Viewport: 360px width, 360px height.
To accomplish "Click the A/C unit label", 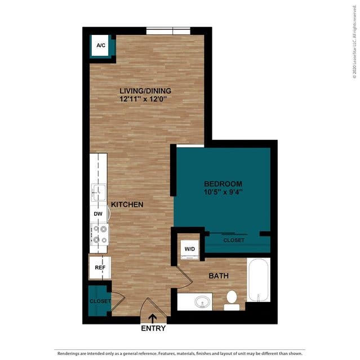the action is click(101, 45).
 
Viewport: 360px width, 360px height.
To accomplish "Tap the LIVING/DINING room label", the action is click(145, 91).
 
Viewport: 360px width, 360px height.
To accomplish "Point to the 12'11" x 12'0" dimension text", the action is click(143, 99).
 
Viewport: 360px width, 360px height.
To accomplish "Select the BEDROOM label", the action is click(223, 184).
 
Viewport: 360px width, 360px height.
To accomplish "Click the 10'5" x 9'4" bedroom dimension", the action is click(223, 192).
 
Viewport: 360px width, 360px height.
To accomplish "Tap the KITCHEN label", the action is click(127, 205).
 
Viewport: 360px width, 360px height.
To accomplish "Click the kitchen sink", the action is click(99, 192).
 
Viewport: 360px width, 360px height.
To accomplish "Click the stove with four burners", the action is click(99, 234).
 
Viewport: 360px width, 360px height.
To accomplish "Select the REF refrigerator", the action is click(100, 268).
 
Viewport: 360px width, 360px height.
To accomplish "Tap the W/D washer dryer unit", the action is click(190, 249).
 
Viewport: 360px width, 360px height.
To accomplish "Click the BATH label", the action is click(219, 275).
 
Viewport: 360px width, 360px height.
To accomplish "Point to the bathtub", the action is click(259, 279).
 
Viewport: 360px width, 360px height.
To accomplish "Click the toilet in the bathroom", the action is click(232, 300).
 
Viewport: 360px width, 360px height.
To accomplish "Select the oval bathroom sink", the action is click(202, 301).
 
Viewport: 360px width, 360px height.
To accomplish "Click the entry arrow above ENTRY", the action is click(153, 318).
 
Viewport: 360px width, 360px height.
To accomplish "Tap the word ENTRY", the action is click(153, 328).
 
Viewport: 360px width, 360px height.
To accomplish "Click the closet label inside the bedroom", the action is click(234, 241).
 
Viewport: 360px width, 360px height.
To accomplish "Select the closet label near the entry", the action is click(100, 301).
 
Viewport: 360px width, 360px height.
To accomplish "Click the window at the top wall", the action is click(168, 31).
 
